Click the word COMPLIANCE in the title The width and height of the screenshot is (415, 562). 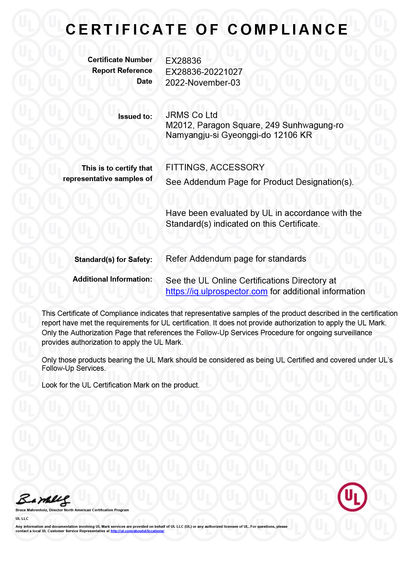coord(288,30)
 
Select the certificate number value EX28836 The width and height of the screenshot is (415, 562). coord(183,61)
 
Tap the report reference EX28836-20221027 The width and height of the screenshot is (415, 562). coord(204,72)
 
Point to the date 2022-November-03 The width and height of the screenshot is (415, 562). coord(203,83)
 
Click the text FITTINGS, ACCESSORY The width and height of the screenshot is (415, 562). coord(215,167)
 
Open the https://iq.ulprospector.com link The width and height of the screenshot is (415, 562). coord(217,291)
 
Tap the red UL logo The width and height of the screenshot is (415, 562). coord(352,497)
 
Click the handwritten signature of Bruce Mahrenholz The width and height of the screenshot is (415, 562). coord(43,500)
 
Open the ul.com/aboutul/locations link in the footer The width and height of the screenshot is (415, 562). coord(137,531)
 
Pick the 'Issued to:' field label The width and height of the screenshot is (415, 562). coord(135,117)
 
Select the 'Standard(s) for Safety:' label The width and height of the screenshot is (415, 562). coord(113,260)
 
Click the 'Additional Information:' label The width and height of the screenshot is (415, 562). coord(112,279)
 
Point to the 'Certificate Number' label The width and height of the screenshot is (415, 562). coord(120,60)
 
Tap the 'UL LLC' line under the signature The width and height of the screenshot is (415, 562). coord(22,519)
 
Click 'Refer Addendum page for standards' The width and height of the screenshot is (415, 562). coord(236,259)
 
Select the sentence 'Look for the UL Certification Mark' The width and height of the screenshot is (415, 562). coord(120,385)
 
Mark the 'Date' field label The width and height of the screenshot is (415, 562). coord(144,82)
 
